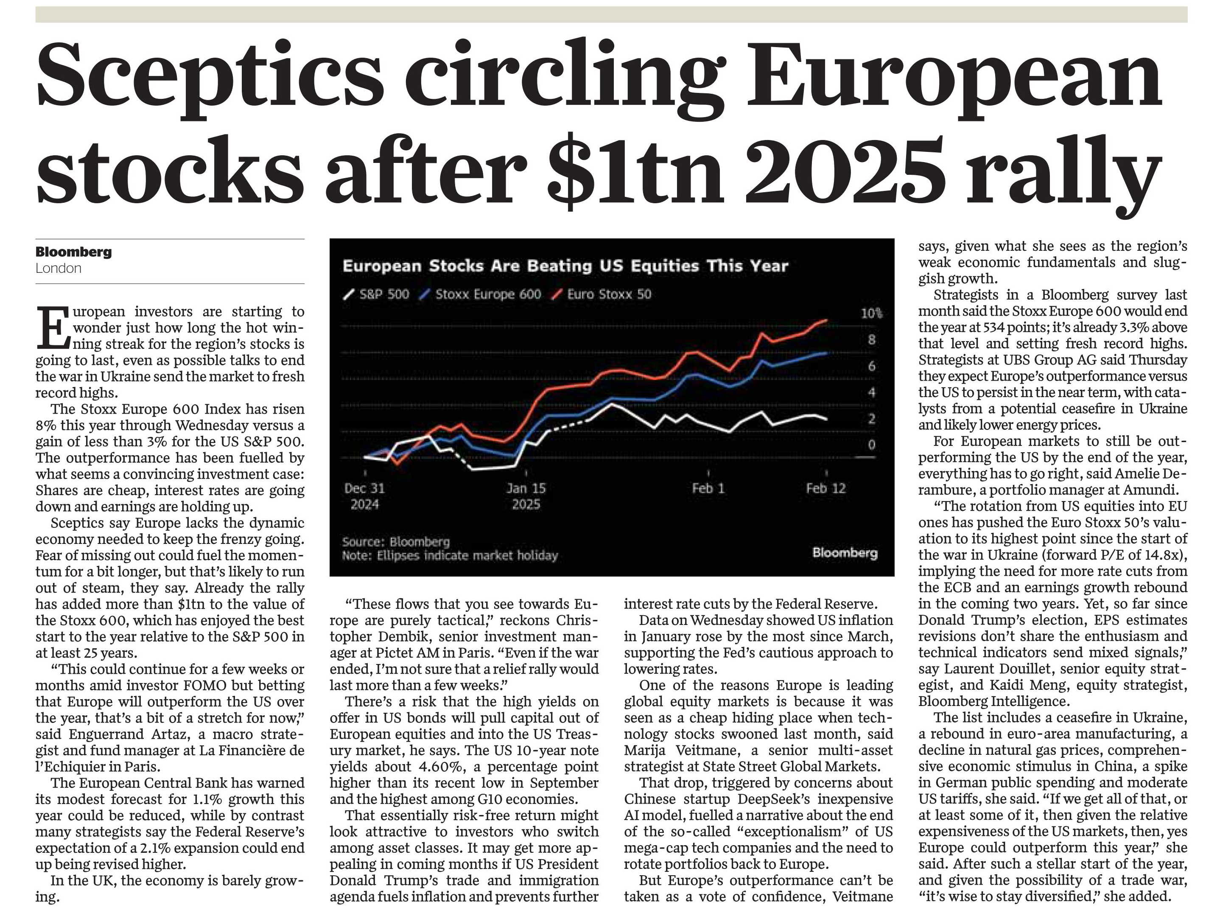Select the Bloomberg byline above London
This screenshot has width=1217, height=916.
click(73, 252)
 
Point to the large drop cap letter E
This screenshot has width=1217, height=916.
click(53, 328)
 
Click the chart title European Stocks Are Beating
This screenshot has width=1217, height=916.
click(565, 266)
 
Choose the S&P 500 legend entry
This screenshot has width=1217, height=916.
click(376, 294)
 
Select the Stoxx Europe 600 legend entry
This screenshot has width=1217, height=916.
click(480, 294)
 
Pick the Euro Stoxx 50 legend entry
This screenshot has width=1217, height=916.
click(602, 294)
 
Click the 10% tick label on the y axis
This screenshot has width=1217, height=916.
click(871, 314)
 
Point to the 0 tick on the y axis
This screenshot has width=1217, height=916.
click(871, 445)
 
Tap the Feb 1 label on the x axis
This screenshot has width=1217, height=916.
click(708, 488)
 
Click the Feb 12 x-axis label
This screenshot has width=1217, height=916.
click(826, 488)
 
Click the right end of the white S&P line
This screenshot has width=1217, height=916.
click(827, 419)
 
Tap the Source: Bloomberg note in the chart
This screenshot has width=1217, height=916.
click(396, 542)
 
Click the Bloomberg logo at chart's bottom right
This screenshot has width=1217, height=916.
click(845, 552)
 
